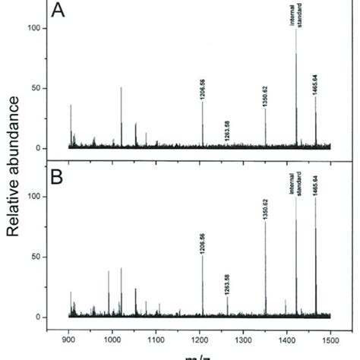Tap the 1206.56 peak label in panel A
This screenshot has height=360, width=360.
[x=202, y=90]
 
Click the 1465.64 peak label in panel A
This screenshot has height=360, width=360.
[x=316, y=83]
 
